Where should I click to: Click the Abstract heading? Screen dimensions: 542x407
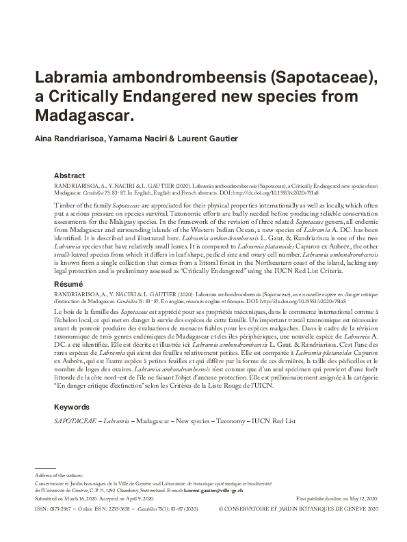click(x=69, y=175)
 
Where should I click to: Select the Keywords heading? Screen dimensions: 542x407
click(x=72, y=407)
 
